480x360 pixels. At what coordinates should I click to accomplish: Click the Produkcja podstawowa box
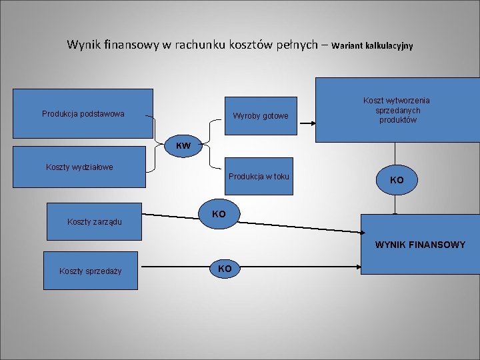(x=83, y=113)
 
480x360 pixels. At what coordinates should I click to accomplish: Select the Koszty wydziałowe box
(x=79, y=167)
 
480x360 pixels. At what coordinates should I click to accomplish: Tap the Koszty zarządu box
(x=94, y=221)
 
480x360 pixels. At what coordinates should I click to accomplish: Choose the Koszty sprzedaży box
(x=90, y=270)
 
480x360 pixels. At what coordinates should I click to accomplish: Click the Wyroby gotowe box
(x=260, y=116)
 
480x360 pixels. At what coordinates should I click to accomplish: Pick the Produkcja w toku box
(x=259, y=176)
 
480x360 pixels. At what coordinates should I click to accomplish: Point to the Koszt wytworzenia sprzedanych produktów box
(x=397, y=110)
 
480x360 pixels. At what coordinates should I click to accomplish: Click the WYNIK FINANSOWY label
(x=420, y=245)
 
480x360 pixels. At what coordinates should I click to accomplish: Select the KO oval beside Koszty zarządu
(x=219, y=215)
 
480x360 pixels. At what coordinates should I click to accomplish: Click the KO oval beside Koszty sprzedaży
(x=225, y=269)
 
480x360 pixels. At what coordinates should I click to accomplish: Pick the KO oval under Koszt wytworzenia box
(x=397, y=180)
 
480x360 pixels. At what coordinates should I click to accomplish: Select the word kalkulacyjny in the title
(x=389, y=46)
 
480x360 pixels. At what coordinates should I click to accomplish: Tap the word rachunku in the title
(x=198, y=45)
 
